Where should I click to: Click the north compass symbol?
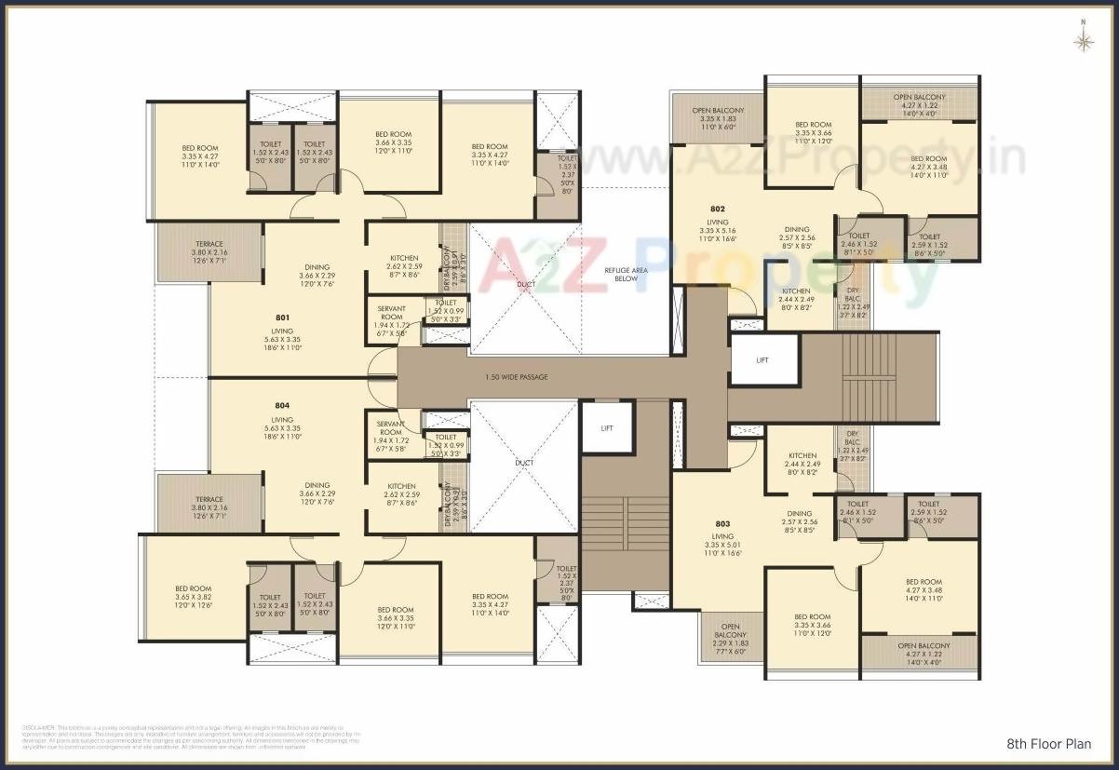pos(1083,39)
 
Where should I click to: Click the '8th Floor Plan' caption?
pos(1049,744)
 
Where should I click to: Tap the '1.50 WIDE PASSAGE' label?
pos(517,377)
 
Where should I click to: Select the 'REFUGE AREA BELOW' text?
pos(621,274)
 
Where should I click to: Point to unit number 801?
pos(282,317)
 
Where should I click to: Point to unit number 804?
pos(282,406)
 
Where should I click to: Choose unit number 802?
pos(717,209)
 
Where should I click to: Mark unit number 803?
pos(722,523)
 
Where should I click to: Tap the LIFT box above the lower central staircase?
pos(607,428)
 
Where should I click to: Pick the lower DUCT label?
pos(526,462)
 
